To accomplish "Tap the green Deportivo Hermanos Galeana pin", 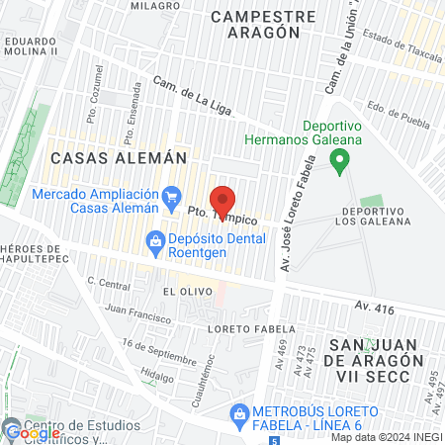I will (340, 159).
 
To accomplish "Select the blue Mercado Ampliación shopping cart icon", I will (173, 195).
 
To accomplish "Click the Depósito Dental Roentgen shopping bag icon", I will (155, 239).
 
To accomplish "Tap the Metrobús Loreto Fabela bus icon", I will (239, 417).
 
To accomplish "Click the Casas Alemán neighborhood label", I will (104, 157).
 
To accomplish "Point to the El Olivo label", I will (183, 292).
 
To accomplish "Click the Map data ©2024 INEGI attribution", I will (387, 437).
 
